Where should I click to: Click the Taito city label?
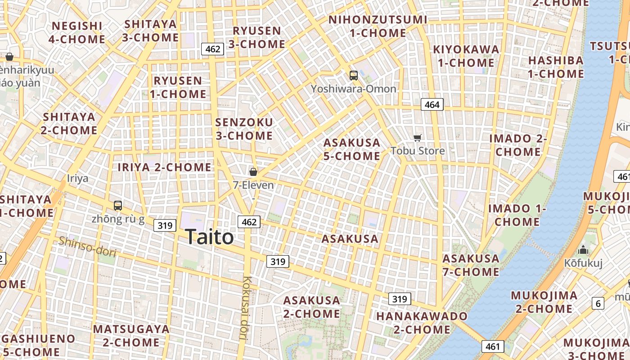[x=209, y=237]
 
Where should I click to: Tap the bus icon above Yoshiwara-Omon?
[x=354, y=76]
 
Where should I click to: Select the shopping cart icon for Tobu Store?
[x=418, y=138]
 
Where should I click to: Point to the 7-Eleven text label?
[x=253, y=185]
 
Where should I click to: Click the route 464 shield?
[x=432, y=104]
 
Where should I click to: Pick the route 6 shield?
[x=598, y=303]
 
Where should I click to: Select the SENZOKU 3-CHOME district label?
[x=244, y=129]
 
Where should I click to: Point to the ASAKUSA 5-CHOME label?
[x=352, y=149]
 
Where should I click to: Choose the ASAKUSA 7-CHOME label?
[x=471, y=265]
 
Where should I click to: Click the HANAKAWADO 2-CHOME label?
[x=422, y=323]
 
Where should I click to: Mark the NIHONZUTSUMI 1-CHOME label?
[x=378, y=26]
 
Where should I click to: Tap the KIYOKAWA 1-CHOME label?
[x=466, y=56]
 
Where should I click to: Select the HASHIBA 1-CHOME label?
[x=556, y=67]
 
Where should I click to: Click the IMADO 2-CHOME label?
[x=518, y=145]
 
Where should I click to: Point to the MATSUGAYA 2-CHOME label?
[x=131, y=336]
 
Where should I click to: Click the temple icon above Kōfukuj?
[x=583, y=250]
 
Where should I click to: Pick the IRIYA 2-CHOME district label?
[x=164, y=167]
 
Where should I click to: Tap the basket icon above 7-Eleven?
[x=253, y=171]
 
